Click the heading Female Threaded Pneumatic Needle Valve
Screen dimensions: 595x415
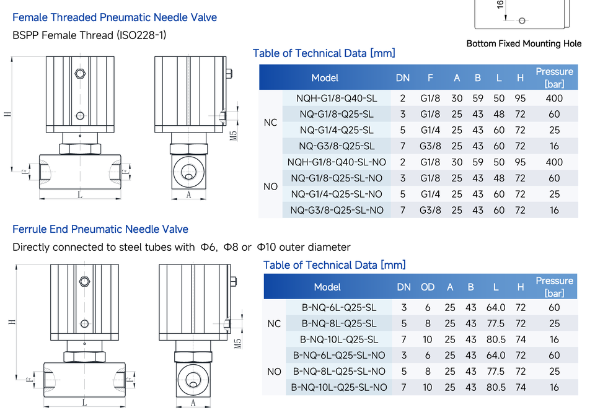click(x=115, y=17)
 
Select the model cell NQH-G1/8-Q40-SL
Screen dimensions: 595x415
click(x=337, y=98)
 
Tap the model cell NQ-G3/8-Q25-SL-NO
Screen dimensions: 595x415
click(x=337, y=210)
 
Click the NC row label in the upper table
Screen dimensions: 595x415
click(x=271, y=123)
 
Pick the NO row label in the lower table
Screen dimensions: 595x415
click(x=274, y=372)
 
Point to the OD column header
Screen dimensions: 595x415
click(x=428, y=287)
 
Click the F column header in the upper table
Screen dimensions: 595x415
click(x=430, y=78)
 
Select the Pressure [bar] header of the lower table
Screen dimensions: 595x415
click(x=554, y=287)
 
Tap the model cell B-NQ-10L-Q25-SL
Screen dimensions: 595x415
click(x=339, y=339)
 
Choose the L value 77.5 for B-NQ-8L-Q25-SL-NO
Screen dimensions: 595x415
click(x=496, y=372)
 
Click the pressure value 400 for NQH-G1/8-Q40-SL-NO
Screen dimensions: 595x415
click(x=554, y=162)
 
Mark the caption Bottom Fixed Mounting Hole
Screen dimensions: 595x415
click(x=524, y=43)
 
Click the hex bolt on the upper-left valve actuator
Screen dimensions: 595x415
click(x=80, y=73)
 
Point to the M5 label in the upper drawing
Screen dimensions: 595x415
click(x=234, y=136)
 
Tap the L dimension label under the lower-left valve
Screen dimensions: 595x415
click(x=84, y=403)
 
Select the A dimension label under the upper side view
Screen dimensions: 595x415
click(x=188, y=195)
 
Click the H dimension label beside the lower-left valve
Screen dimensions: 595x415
click(x=12, y=322)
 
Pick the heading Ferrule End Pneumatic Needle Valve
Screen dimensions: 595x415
click(x=100, y=229)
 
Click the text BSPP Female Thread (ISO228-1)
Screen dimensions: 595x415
click(x=89, y=35)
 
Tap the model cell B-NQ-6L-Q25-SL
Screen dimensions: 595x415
click(x=339, y=308)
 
